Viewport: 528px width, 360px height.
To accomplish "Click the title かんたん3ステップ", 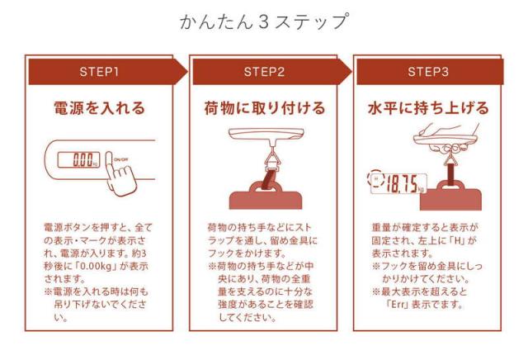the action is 264,22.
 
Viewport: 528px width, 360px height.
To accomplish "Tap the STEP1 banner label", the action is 99,72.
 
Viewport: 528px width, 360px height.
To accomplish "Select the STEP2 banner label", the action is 264,72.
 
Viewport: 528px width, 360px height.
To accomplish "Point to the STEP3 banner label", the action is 428,72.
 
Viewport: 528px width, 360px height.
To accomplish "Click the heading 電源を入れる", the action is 99,108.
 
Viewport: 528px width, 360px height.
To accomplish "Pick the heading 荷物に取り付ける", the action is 264,108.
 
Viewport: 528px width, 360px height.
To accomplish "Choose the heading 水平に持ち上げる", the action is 428,108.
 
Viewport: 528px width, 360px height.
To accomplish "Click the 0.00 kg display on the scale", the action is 79,159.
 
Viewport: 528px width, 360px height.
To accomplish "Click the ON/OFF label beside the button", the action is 120,159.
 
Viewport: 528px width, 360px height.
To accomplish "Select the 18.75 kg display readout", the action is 399,183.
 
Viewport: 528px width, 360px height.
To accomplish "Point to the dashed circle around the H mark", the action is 375,178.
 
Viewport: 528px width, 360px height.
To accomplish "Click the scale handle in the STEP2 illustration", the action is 266,134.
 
